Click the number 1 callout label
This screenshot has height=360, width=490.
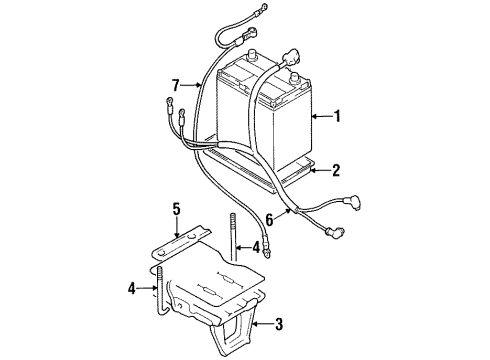338,117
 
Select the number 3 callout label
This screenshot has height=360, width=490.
279,324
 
